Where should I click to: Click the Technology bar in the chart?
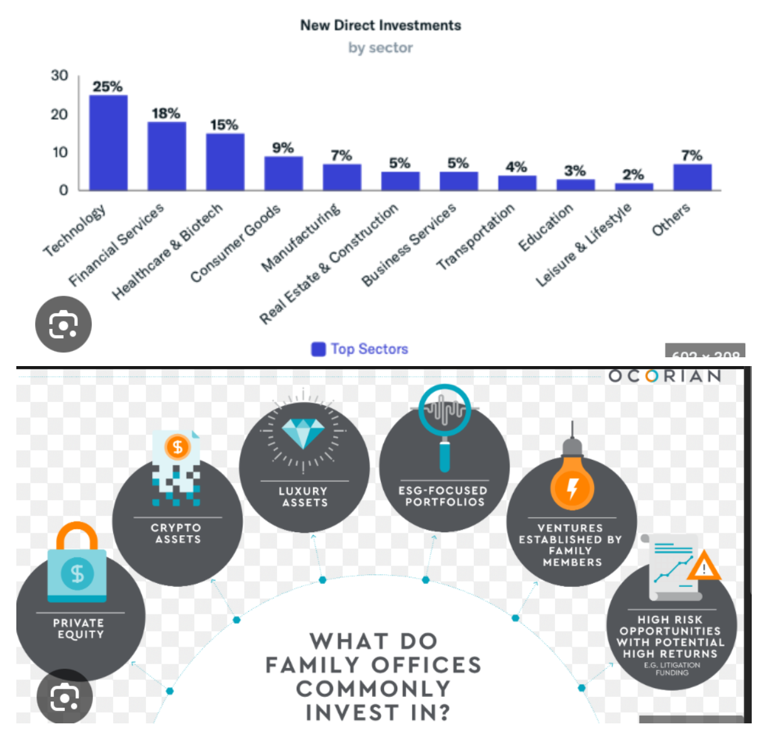click(x=108, y=143)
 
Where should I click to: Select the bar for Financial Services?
click(x=167, y=156)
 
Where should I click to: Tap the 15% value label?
click(x=224, y=125)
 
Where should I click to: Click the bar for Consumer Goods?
click(x=283, y=173)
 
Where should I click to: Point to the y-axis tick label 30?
click(x=60, y=75)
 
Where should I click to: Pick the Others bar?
click(x=692, y=177)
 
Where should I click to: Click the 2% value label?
click(x=634, y=174)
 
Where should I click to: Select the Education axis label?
click(x=546, y=227)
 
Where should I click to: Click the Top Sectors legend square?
click(x=319, y=349)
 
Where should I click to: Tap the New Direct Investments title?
click(x=380, y=25)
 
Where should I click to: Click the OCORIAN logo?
click(x=664, y=376)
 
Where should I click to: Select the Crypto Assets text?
click(x=177, y=533)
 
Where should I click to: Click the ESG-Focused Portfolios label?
click(x=444, y=496)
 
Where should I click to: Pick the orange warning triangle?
click(x=704, y=567)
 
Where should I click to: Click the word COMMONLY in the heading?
click(x=373, y=689)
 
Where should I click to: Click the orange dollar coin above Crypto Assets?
click(x=177, y=447)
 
